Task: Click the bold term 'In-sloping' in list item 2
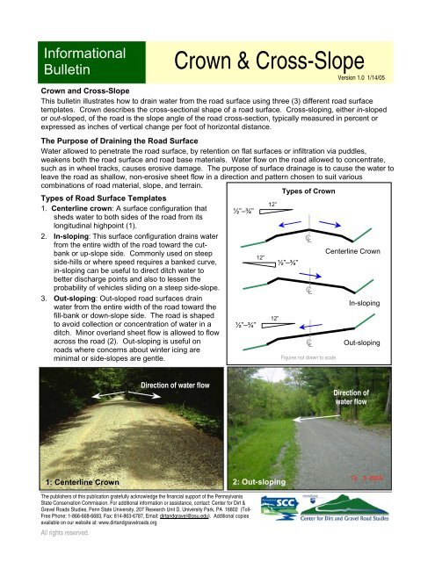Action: pos(60,274)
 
